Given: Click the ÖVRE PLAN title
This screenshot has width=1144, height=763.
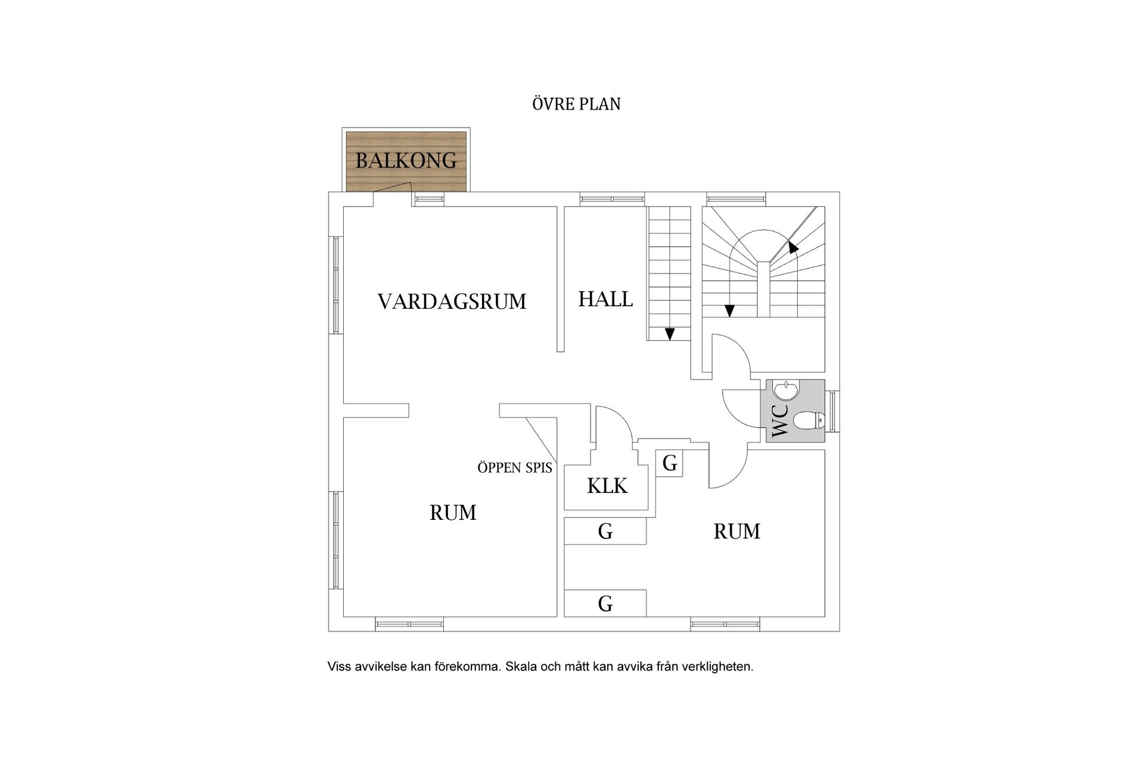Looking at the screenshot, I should (x=576, y=104).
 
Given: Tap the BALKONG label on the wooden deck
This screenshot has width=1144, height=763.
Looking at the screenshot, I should (x=406, y=160).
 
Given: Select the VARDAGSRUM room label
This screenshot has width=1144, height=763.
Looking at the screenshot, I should (x=452, y=302).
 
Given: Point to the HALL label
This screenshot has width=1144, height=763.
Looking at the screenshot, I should (x=605, y=299).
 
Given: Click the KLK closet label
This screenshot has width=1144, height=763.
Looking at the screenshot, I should (x=607, y=486).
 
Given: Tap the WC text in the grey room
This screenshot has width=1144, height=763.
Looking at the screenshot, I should (x=780, y=421).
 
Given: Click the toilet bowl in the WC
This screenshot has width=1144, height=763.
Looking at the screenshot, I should (x=809, y=421).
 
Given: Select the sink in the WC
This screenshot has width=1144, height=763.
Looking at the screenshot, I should (x=786, y=392).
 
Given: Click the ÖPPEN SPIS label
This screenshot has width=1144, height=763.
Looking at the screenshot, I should (x=515, y=468).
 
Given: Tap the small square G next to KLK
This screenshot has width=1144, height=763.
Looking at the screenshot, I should (x=669, y=463).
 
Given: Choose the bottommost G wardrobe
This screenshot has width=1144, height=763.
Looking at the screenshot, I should (x=605, y=604).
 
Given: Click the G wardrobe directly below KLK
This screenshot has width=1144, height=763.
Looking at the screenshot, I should (x=605, y=531).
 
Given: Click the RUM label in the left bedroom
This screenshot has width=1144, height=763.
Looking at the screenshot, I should (x=453, y=513).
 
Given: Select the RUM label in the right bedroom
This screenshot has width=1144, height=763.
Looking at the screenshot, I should (x=736, y=531).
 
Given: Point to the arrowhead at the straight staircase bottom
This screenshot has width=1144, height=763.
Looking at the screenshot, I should (x=670, y=334).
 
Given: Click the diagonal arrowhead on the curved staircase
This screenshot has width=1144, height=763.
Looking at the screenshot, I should (x=792, y=247).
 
